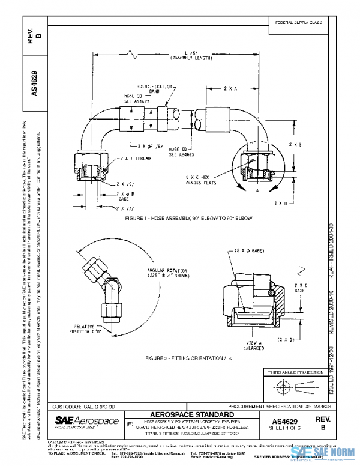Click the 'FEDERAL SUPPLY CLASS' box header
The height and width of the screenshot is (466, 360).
(x=298, y=22)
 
